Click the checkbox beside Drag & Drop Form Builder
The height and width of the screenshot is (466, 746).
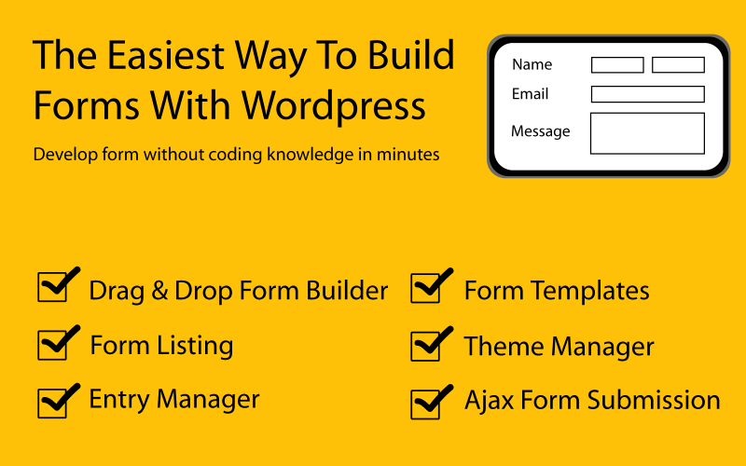click(52, 288)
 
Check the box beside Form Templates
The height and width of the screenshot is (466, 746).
click(425, 289)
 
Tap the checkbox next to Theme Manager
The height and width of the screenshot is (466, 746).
click(425, 346)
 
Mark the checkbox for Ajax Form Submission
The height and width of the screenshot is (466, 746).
click(425, 403)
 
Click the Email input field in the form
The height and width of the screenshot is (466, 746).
click(647, 94)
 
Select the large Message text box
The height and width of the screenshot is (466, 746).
click(647, 133)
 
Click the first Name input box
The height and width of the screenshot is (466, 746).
click(617, 65)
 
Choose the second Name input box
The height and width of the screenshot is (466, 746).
click(678, 65)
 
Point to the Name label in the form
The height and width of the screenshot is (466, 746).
click(532, 65)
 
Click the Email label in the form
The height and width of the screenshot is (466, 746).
click(530, 94)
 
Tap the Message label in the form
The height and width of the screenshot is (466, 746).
click(540, 131)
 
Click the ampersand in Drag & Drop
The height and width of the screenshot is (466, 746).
click(159, 291)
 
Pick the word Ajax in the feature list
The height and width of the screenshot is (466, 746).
click(484, 401)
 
